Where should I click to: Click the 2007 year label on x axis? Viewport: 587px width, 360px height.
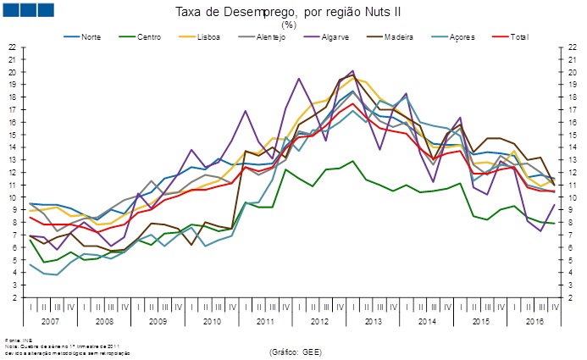[50, 323]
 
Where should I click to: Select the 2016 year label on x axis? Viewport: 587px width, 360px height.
[535, 323]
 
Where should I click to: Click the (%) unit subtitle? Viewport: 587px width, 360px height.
[288, 25]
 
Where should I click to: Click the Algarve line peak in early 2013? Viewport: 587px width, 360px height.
[352, 71]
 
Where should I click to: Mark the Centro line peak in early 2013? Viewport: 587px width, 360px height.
[352, 161]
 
